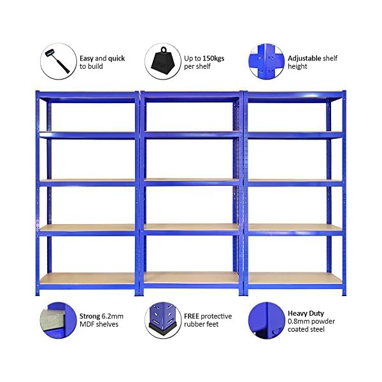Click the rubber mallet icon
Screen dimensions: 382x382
pyautogui.click(x=58, y=61)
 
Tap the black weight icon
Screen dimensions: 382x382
pyautogui.click(x=163, y=61)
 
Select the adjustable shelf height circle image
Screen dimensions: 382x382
pyautogui.click(x=267, y=61)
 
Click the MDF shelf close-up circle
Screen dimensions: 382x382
pyautogui.click(x=58, y=320)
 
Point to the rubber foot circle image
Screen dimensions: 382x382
pyautogui.click(x=163, y=320)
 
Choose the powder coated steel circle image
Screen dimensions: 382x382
pyautogui.click(x=267, y=320)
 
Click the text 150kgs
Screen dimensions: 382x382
pyautogui.click(x=213, y=59)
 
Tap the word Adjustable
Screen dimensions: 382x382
pyautogui.click(x=304, y=59)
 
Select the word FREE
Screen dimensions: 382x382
pyautogui.click(x=191, y=316)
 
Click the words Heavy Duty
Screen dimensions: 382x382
pyautogui.click(x=306, y=313)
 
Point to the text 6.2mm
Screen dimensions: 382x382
pyautogui.click(x=112, y=316)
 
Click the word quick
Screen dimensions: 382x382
pyautogui.click(x=117, y=59)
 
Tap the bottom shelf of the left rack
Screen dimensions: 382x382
pyautogui.click(x=87, y=279)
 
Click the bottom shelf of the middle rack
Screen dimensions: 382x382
pyautogui.click(x=192, y=278)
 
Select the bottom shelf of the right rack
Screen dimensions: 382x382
pyautogui.click(x=295, y=278)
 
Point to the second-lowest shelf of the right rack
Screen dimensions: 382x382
pyautogui.click(x=295, y=229)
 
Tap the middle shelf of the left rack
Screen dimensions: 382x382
pyautogui.click(x=87, y=183)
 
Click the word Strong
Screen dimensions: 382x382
pyautogui.click(x=90, y=316)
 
